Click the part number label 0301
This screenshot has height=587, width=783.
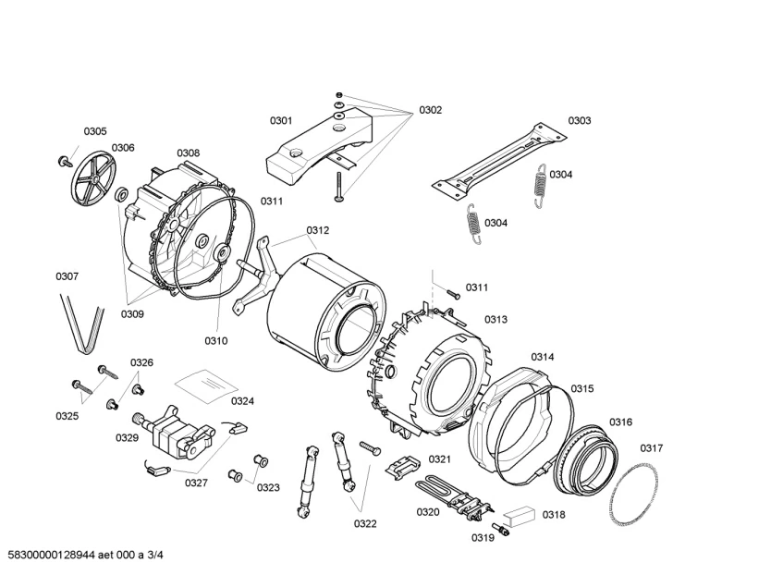(281, 120)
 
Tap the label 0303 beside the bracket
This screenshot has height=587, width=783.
(580, 120)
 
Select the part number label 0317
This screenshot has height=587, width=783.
(652, 448)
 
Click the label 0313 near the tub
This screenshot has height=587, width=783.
(495, 320)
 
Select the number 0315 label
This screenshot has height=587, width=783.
(582, 388)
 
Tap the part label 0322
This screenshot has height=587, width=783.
(365, 524)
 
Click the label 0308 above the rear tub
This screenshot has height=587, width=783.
(188, 153)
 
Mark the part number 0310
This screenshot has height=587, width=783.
(215, 340)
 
